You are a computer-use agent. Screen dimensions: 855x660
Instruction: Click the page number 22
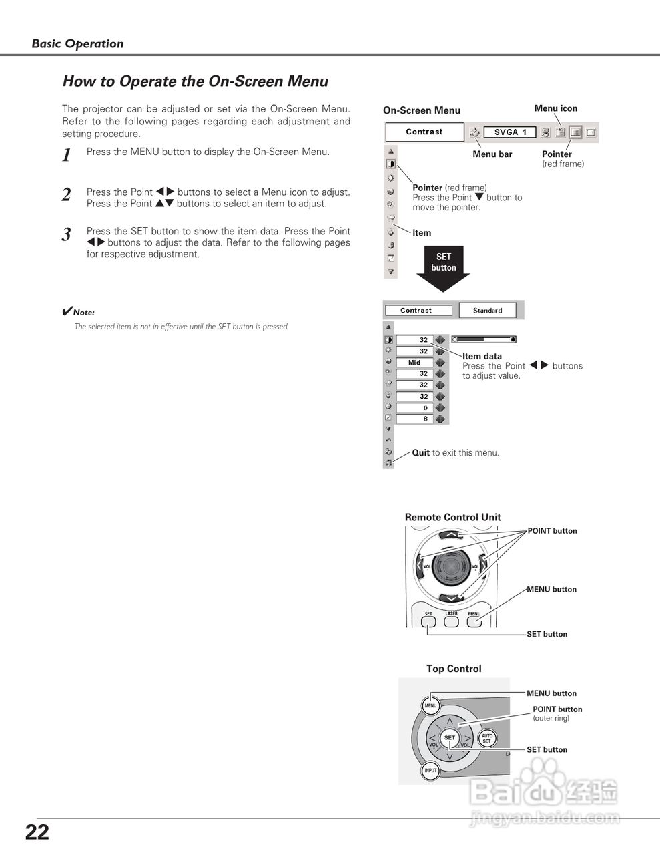tap(37, 832)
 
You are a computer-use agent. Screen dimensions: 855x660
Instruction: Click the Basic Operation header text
tap(77, 44)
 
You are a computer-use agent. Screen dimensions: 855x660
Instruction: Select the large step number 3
tap(66, 234)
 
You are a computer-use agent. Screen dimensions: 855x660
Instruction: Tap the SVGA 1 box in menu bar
tap(509, 132)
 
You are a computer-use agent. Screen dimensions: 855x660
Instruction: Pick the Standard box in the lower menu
tap(488, 311)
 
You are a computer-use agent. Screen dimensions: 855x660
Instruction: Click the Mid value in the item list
tap(414, 363)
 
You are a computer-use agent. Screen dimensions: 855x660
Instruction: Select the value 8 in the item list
tap(424, 419)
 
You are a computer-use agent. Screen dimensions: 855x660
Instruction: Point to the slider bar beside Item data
tap(484, 339)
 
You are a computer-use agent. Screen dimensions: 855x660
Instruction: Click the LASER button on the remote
tap(452, 621)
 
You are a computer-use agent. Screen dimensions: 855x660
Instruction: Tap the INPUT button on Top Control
tap(431, 771)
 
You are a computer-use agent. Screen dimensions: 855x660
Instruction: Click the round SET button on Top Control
tap(450, 738)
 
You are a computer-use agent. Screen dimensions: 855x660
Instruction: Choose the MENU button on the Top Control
tap(430, 705)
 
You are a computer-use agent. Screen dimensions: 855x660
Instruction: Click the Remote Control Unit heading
tap(452, 517)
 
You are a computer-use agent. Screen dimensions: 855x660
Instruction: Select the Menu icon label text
tap(555, 108)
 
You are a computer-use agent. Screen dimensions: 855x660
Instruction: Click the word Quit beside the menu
tap(421, 453)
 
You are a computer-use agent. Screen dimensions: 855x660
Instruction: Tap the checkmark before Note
tap(67, 311)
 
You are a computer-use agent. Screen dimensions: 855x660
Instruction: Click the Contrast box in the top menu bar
tap(424, 132)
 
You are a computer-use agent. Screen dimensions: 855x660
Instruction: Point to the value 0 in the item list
tap(424, 408)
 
